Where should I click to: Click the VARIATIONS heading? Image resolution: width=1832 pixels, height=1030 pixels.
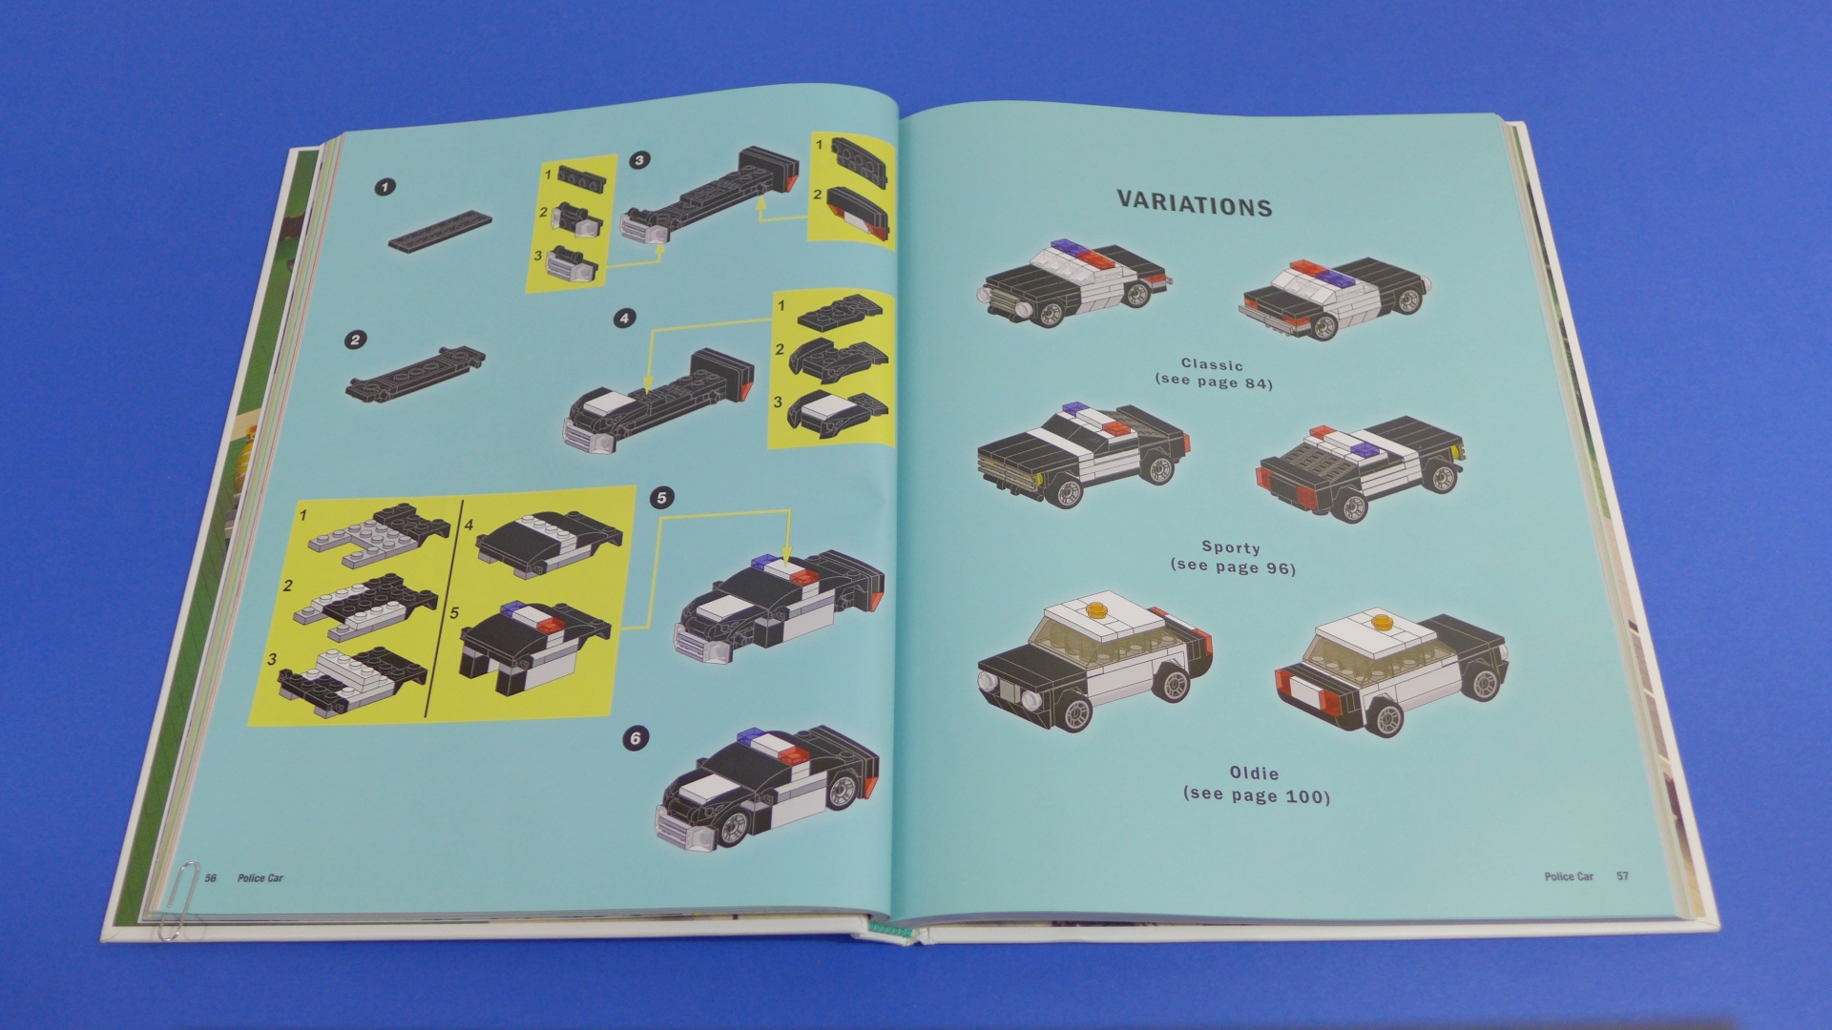point(1195,204)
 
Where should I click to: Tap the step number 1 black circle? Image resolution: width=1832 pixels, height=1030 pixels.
point(385,188)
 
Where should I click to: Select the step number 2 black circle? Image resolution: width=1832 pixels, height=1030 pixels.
point(356,340)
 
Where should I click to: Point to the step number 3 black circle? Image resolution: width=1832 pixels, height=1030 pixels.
point(639,160)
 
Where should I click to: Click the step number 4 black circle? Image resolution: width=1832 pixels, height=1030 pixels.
point(625,318)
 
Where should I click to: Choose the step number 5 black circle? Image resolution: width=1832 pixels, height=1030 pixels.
point(661,497)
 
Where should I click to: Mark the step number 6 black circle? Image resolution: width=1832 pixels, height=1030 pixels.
point(635,738)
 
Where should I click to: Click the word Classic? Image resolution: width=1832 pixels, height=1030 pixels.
point(1212,364)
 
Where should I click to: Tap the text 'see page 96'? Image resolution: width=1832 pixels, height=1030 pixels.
point(1233,567)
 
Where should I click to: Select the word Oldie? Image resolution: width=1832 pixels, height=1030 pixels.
point(1254,773)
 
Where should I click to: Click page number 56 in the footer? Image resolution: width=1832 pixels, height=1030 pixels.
point(211,877)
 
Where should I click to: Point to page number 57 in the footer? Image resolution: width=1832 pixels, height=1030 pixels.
point(1622,875)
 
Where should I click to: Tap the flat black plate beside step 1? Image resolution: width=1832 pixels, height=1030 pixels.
point(441,230)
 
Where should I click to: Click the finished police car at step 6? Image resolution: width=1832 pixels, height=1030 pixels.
point(767,787)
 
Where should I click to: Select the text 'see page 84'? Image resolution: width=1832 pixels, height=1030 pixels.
point(1214,383)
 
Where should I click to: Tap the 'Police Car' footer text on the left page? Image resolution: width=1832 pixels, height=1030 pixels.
point(260,877)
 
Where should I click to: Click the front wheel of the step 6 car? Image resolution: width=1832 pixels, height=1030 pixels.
point(730,828)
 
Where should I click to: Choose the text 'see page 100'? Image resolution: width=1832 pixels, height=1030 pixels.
point(1257,794)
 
